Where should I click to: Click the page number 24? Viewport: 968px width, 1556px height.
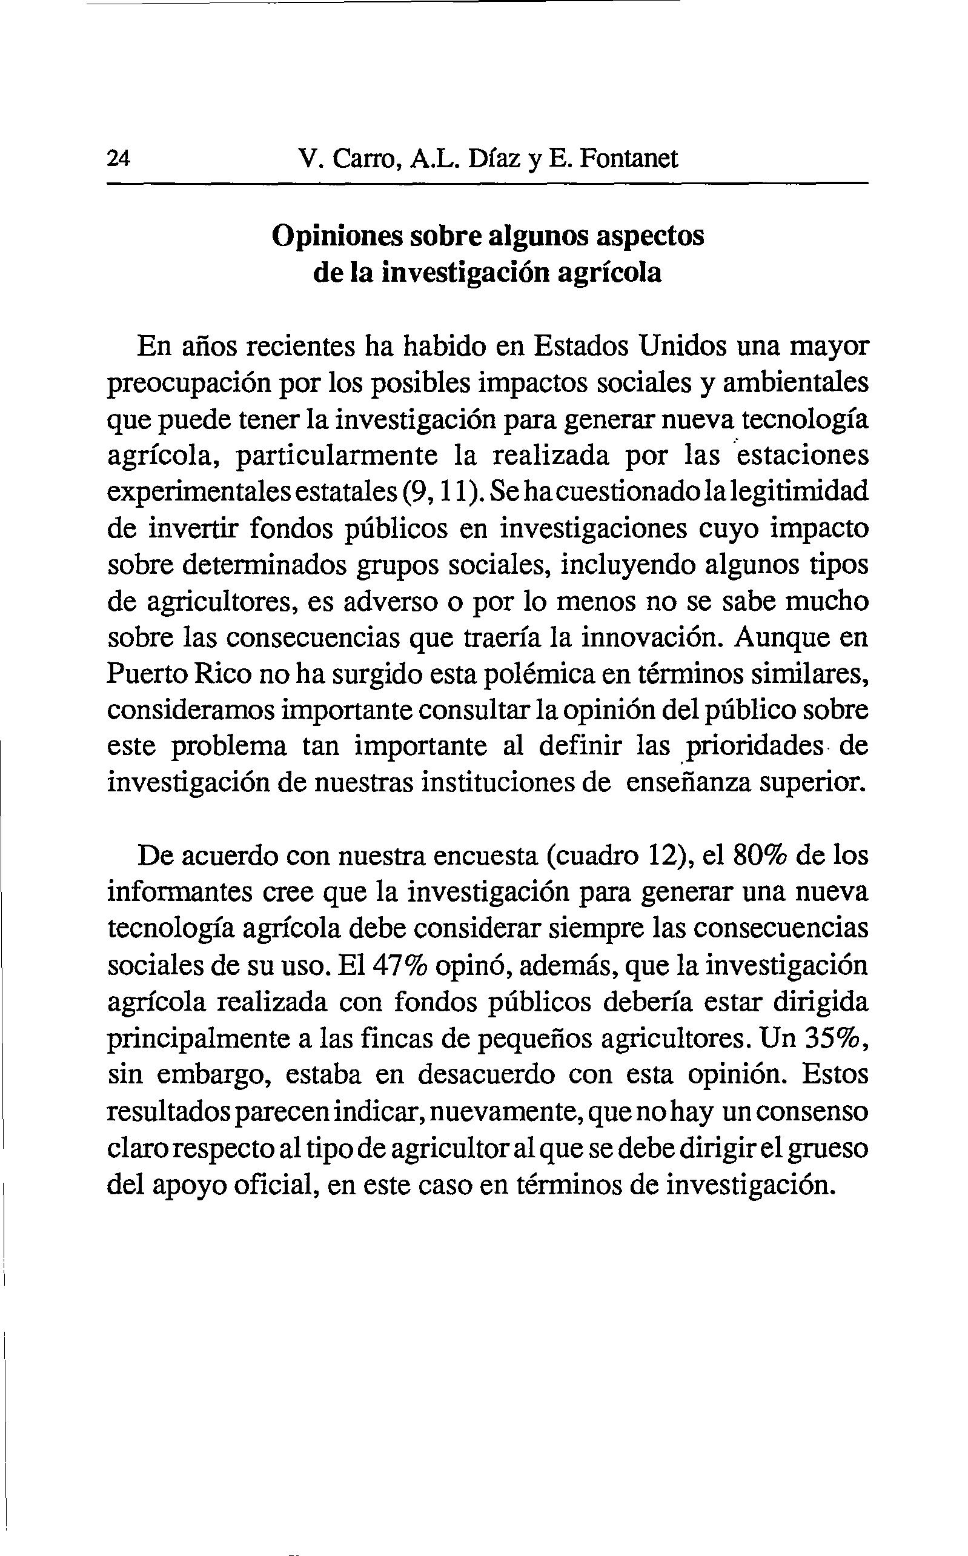pyautogui.click(x=119, y=158)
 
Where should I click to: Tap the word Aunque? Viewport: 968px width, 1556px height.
pyautogui.click(x=781, y=638)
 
